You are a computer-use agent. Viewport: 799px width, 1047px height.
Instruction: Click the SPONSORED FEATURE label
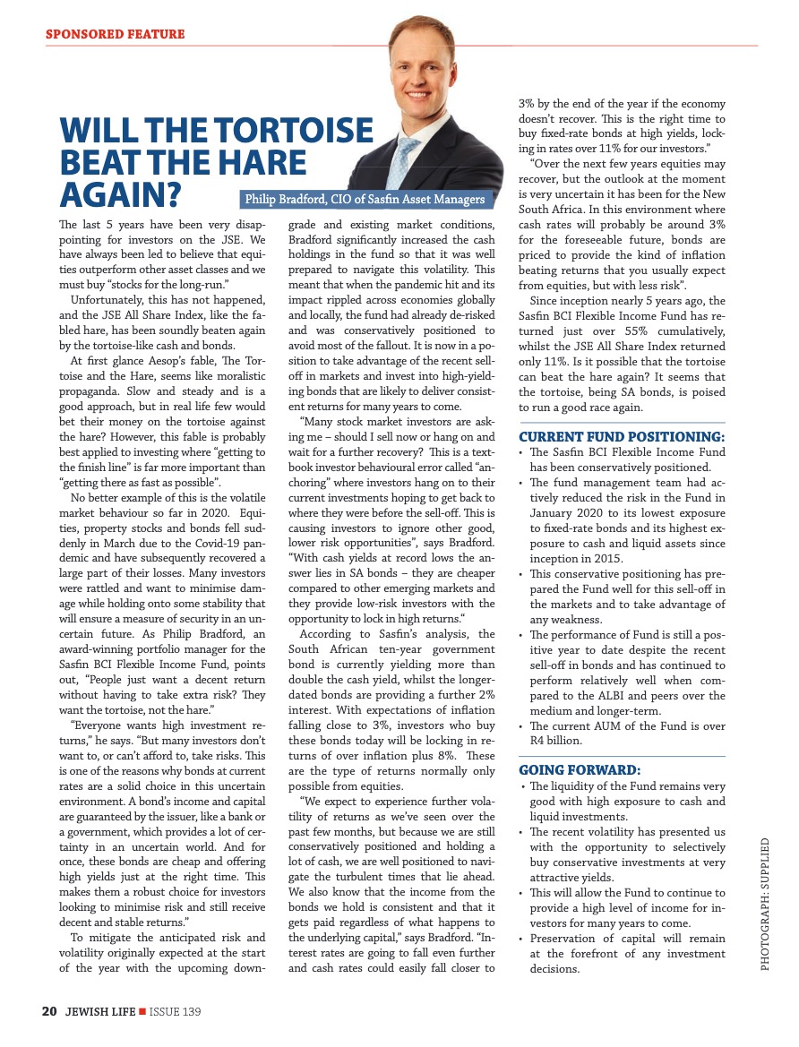(x=115, y=35)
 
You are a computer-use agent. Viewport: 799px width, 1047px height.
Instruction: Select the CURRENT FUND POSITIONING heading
(x=622, y=437)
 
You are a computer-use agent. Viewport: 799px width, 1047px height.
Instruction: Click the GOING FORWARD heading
(x=579, y=769)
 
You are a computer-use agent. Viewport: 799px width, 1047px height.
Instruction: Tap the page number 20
(x=49, y=1011)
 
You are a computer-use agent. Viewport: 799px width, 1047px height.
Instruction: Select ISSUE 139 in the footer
(x=175, y=1011)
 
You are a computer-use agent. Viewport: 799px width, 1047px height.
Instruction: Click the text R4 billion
(x=555, y=741)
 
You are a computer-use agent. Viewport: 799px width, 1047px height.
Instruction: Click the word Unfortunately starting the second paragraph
(x=110, y=301)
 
